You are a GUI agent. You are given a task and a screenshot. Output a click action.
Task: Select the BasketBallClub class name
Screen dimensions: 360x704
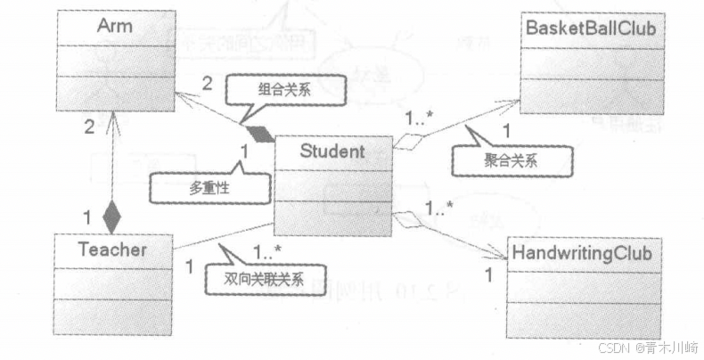click(x=591, y=29)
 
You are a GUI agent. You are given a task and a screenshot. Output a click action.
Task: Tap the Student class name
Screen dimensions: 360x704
click(x=332, y=151)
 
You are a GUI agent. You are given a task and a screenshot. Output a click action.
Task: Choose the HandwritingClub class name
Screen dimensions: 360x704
click(x=583, y=254)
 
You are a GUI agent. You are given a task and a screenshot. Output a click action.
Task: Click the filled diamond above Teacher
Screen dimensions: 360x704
click(x=111, y=214)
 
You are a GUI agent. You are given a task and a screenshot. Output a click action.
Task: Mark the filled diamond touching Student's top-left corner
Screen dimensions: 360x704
click(x=258, y=134)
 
